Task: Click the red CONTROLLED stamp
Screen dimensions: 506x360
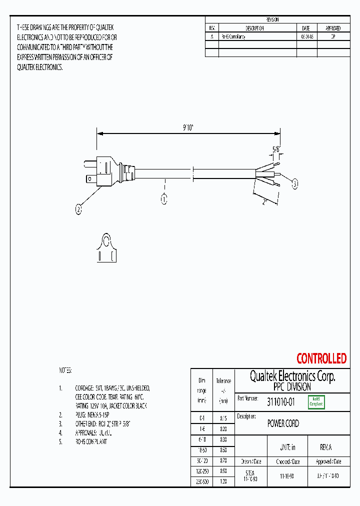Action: [x=321, y=358]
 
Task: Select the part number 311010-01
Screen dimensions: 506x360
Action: [x=281, y=401]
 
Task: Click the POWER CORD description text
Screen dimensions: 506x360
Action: [x=283, y=424]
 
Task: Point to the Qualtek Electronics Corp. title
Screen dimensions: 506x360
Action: [x=292, y=376]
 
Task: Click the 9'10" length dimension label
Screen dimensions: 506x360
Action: [x=187, y=127]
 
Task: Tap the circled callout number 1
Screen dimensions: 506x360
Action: [x=163, y=199]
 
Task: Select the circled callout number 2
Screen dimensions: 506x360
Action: [x=78, y=210]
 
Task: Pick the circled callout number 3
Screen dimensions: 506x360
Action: [x=295, y=184]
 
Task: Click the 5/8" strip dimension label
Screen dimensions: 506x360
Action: [x=275, y=149]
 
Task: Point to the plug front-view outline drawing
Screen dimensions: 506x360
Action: [x=106, y=248]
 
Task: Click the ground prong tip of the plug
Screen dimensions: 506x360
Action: [x=85, y=164]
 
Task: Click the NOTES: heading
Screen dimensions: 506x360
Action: [x=65, y=370]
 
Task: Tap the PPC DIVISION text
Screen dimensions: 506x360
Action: [x=292, y=387]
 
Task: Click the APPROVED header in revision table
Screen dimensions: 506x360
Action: [x=333, y=28]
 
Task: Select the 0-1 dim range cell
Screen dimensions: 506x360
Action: [x=202, y=417]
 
